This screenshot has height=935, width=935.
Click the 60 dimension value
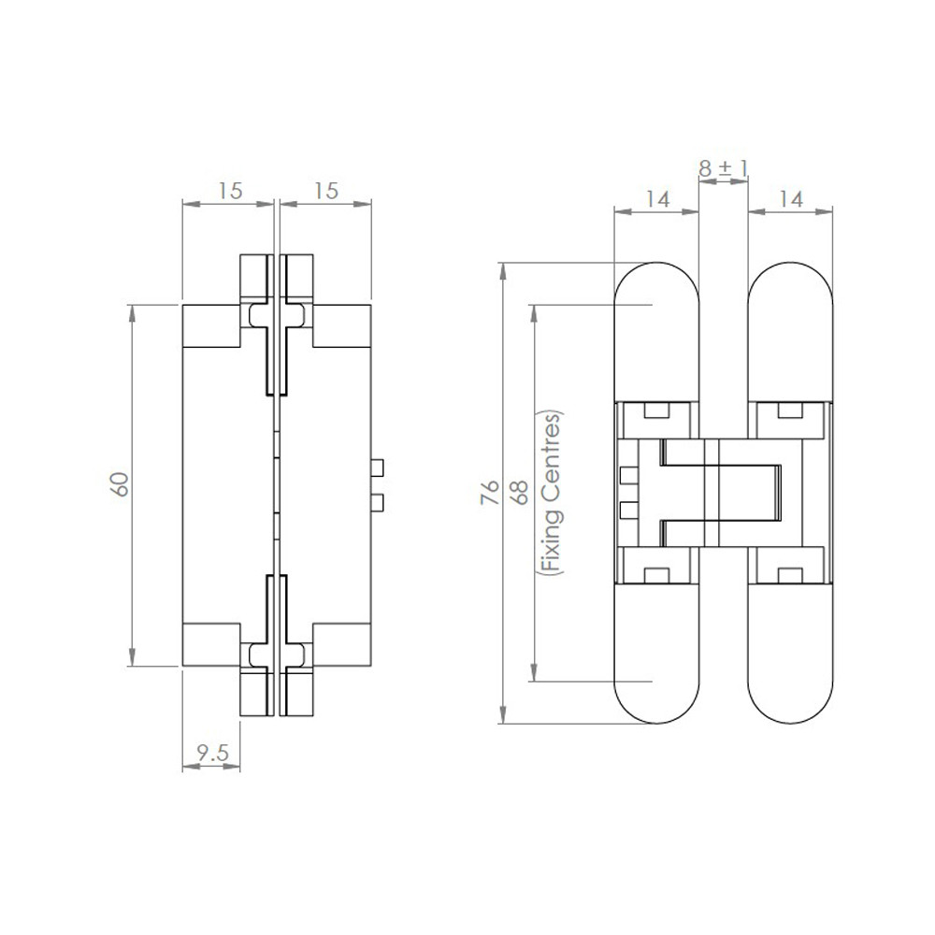point(120,484)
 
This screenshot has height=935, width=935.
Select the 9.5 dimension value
point(211,754)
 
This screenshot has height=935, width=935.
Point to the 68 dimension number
point(520,494)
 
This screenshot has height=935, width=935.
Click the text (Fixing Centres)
point(552,494)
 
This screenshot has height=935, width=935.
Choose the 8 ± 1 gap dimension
point(724,168)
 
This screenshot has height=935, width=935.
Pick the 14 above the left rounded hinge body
point(657,198)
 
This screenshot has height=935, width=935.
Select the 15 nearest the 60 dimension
point(230,191)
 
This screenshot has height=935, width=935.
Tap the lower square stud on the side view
point(378,504)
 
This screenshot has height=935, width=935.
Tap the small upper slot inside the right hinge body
point(790,410)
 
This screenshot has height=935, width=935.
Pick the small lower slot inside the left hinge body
point(657,574)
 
